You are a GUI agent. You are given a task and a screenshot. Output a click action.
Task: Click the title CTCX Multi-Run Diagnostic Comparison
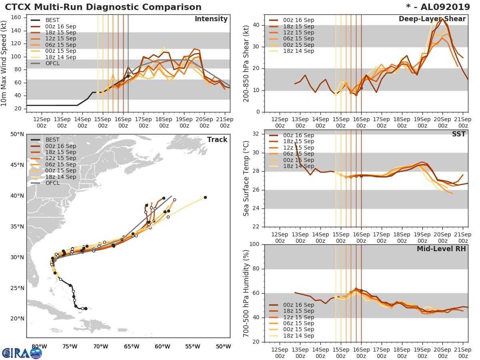point(103,7)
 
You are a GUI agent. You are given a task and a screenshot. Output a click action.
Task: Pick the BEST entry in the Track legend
point(53,140)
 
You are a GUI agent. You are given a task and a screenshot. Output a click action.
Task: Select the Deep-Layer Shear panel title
point(432,19)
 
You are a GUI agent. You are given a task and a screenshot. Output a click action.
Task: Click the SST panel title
point(458,134)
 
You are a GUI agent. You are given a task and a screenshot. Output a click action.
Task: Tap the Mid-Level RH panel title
point(441,249)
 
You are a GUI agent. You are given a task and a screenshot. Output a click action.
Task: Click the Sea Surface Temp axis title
point(246,178)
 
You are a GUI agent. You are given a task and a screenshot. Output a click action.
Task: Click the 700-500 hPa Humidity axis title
point(246,293)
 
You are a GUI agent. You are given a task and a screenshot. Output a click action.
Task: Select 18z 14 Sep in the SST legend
point(298,166)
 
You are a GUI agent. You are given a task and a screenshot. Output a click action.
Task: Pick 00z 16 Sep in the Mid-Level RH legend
point(298,305)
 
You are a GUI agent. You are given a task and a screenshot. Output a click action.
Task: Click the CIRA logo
point(22,353)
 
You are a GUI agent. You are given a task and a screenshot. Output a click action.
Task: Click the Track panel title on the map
point(217,140)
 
